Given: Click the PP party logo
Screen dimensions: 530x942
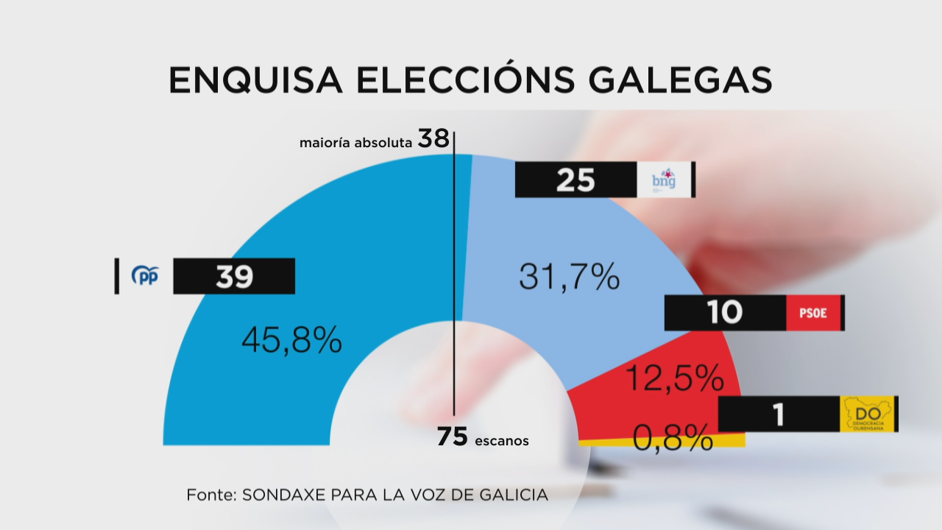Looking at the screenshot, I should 145,276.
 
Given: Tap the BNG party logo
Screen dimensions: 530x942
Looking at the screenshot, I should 665,180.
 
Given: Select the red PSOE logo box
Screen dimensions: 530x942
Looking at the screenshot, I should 813,313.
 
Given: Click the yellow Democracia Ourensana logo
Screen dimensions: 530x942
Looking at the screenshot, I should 868,414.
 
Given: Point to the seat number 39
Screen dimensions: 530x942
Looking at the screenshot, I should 234,277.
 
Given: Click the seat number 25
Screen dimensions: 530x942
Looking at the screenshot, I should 576,180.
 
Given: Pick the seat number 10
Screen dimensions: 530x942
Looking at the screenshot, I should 725,313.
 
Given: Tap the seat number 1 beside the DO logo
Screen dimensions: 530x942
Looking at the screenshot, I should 778,414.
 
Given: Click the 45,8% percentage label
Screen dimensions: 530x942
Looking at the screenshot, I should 291,339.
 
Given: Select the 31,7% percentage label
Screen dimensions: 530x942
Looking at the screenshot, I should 570,276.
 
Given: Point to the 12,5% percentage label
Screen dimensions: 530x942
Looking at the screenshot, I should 674,378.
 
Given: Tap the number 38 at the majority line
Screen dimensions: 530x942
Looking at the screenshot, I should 433,138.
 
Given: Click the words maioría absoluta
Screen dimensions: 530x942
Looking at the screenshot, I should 355,142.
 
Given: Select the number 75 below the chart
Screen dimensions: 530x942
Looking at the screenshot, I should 453,437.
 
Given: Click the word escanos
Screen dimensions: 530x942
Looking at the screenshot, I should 502,441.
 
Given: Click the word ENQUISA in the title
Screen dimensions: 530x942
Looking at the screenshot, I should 255,80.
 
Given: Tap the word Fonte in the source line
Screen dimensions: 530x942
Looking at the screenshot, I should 208,495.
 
